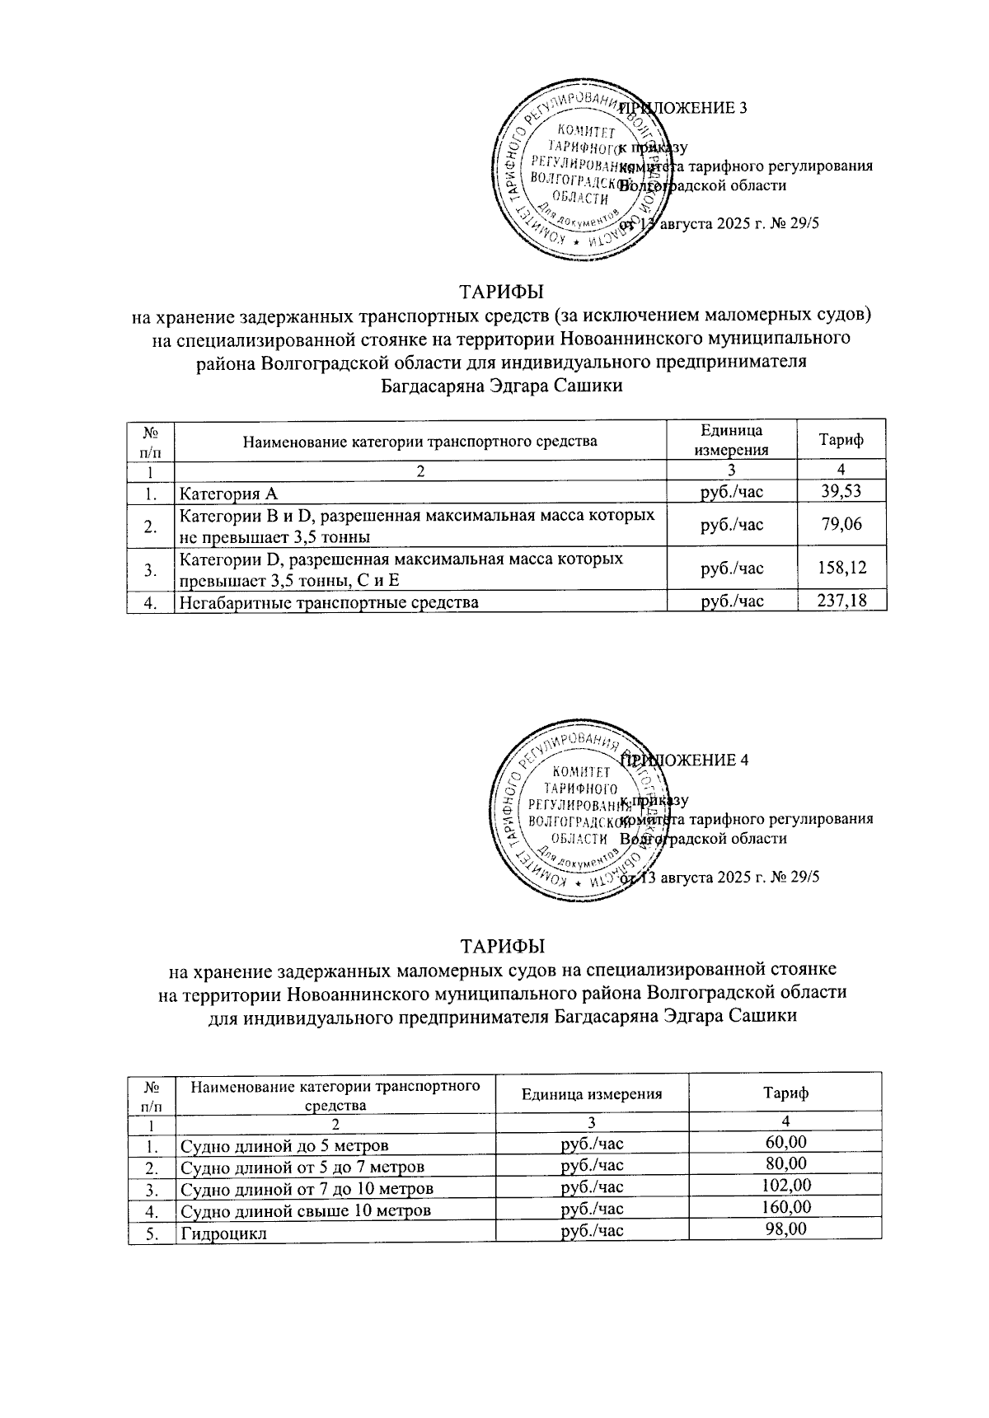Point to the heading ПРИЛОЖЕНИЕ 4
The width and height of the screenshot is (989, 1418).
(686, 760)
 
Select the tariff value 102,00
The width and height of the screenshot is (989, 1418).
(785, 1186)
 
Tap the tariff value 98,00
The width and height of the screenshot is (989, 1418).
(785, 1228)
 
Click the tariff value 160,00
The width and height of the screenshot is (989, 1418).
(785, 1207)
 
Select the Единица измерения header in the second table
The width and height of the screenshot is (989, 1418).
(592, 1094)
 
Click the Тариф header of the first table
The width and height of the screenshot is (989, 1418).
(841, 440)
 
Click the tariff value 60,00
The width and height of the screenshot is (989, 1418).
(785, 1142)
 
